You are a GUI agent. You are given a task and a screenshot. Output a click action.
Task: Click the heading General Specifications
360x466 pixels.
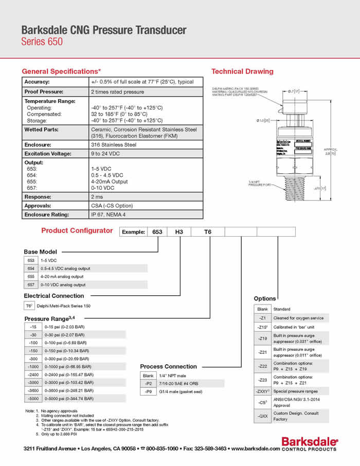pyautogui.click(x=61, y=71)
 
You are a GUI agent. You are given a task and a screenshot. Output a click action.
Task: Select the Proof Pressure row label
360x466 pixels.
pyautogui.click(x=45, y=92)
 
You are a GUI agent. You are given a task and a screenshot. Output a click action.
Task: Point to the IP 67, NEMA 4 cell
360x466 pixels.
pyautogui.click(x=109, y=214)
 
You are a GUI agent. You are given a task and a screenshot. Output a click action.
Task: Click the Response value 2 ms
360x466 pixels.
pyautogui.click(x=97, y=196)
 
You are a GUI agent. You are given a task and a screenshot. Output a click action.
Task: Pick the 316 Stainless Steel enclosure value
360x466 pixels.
pyautogui.click(x=114, y=145)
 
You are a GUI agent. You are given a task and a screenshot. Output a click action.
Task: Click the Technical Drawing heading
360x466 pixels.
pyautogui.click(x=242, y=71)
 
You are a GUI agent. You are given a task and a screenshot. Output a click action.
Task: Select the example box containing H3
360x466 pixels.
pyautogui.click(x=179, y=232)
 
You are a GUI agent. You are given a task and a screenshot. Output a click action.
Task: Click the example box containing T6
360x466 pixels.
pyautogui.click(x=208, y=232)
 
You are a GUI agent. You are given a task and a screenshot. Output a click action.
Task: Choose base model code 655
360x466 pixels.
pyautogui.click(x=31, y=276)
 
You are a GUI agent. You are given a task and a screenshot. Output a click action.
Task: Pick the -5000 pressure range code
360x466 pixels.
pyautogui.click(x=34, y=398)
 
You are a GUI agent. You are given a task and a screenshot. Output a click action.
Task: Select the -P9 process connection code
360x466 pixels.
pyautogui.click(x=148, y=392)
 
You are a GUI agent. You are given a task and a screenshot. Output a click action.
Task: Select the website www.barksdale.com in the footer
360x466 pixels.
pyautogui.click(x=256, y=449)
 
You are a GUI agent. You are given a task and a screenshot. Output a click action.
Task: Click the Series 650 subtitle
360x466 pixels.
pyautogui.click(x=42, y=42)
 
